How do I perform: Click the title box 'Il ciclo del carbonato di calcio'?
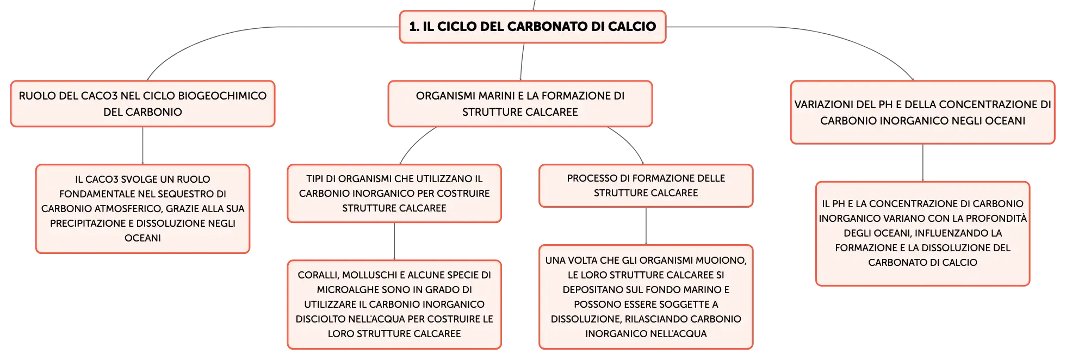[532, 27]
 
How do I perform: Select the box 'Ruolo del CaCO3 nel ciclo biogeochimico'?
[142, 104]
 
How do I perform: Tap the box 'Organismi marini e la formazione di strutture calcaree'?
[520, 104]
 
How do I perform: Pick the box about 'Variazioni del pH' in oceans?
[922, 113]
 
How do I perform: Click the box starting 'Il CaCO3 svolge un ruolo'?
[142, 209]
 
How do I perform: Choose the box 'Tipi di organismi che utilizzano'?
[394, 194]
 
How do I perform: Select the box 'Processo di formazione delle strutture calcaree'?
[646, 186]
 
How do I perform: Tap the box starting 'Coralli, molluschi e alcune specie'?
[394, 305]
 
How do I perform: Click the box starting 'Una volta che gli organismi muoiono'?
[646, 297]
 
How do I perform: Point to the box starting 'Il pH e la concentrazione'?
[922, 234]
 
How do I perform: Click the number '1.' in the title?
[414, 27]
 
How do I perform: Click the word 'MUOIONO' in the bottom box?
[723, 260]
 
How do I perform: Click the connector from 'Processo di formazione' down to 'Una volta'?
[646, 226]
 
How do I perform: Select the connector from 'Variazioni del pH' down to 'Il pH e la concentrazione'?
[923, 163]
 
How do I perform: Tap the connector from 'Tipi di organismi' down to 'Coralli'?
[394, 241]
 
